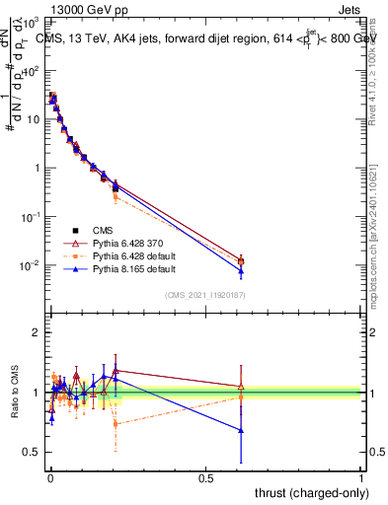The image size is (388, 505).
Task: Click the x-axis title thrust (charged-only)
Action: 313,492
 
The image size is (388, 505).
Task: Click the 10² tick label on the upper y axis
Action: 32,70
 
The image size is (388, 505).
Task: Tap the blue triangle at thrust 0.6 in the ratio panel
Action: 241,430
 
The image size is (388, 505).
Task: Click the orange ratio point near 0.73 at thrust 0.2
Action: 116,423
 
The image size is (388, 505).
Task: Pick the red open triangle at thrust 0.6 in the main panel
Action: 241,259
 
